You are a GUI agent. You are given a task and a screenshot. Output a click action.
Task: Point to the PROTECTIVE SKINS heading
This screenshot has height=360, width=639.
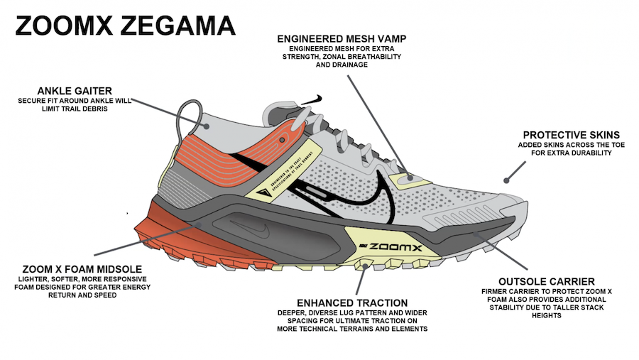click(571, 135)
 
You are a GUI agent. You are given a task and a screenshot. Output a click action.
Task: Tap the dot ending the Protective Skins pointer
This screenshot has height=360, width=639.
click(506, 180)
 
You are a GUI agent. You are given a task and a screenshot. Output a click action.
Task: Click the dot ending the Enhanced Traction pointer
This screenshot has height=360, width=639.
click(365, 267)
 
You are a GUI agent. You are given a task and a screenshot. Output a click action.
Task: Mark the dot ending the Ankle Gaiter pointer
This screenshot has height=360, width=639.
click(207, 126)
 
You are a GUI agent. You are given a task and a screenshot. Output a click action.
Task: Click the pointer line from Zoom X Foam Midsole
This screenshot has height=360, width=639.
click(142, 241)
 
